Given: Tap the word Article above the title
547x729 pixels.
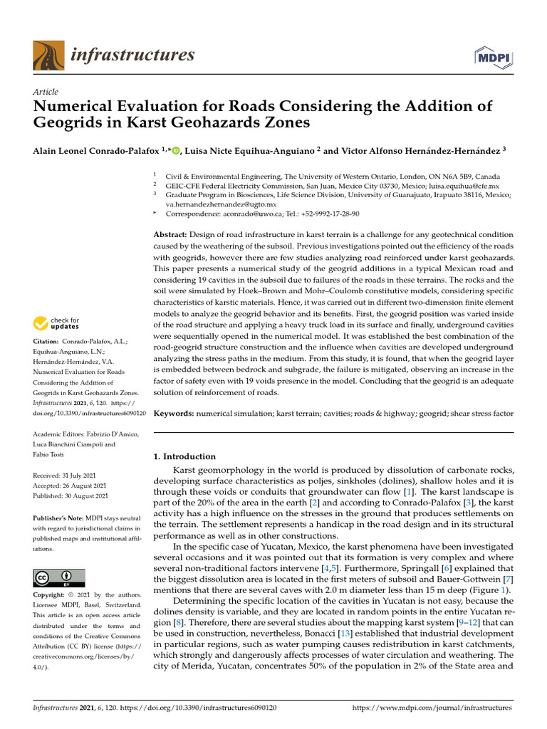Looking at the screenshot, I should point(46,92).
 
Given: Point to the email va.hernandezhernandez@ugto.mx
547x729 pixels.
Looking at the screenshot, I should point(219,204).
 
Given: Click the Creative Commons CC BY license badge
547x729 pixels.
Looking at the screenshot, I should point(59,577).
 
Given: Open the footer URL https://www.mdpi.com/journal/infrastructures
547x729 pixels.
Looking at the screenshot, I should point(432,708).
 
